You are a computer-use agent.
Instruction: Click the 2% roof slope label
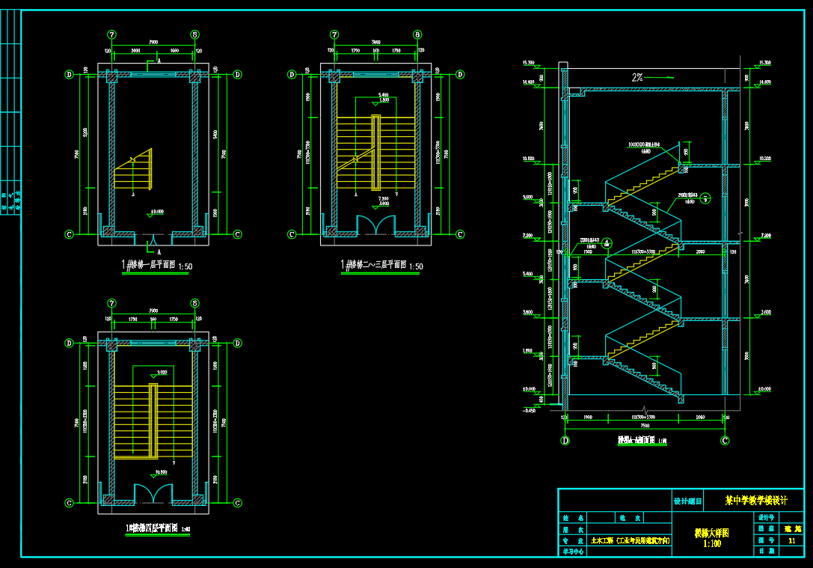[637, 76]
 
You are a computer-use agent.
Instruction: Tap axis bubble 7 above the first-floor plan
[112, 34]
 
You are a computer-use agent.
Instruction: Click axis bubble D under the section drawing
[565, 440]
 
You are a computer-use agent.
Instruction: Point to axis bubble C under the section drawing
[725, 440]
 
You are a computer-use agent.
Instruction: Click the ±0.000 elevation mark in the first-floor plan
[157, 212]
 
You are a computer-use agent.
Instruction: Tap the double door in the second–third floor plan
[376, 225]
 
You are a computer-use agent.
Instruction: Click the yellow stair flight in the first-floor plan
[133, 171]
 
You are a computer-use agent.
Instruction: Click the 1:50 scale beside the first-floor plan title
[185, 266]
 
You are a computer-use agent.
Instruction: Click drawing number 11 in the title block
[791, 539]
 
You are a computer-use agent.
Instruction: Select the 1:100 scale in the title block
[712, 544]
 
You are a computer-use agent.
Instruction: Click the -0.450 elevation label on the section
[530, 409]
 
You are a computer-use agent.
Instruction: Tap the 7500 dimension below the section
[645, 424]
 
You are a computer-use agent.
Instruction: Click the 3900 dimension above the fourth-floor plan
[153, 311]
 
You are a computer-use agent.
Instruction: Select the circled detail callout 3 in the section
[704, 198]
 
